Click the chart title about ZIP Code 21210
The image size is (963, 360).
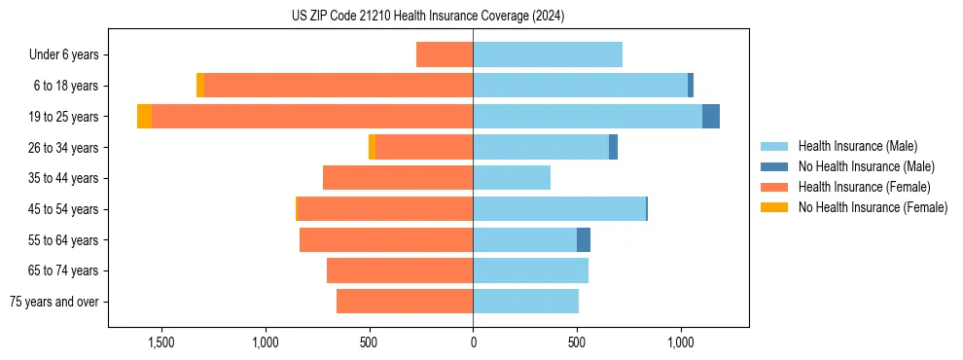click(428, 17)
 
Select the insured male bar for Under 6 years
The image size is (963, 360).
click(548, 54)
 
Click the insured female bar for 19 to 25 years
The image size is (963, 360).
click(311, 117)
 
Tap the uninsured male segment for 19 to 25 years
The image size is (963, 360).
click(711, 117)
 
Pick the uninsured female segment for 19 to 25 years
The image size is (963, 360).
click(144, 117)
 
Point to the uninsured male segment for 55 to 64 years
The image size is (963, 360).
click(584, 240)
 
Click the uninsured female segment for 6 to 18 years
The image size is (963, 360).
click(200, 86)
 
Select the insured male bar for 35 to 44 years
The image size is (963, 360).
click(512, 178)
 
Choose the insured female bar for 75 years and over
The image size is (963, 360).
click(405, 302)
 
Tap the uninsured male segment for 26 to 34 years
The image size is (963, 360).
click(613, 147)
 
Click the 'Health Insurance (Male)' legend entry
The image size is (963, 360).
click(856, 146)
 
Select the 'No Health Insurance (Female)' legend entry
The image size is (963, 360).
click(872, 207)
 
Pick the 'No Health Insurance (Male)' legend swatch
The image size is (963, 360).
click(775, 166)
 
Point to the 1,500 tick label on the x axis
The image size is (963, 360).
click(160, 342)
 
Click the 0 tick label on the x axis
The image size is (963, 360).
click(474, 342)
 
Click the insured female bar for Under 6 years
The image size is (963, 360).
click(445, 54)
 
